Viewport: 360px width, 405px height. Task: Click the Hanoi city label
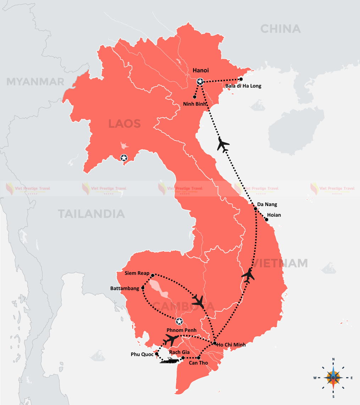tap(201, 71)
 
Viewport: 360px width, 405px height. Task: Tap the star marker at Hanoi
tap(200, 82)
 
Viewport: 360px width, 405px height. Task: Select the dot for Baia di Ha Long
tap(241, 79)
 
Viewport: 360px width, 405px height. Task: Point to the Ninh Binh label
tap(195, 104)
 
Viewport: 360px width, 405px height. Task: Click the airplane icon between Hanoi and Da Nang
tap(223, 144)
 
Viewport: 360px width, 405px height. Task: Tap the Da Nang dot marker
tap(255, 209)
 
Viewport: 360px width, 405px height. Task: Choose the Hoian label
tap(274, 215)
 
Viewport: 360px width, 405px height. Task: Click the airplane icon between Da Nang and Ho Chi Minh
tap(248, 275)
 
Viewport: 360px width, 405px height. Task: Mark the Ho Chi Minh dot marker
tap(215, 343)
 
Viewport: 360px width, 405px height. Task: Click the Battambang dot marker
tap(143, 288)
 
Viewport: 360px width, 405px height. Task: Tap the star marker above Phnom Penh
tap(179, 321)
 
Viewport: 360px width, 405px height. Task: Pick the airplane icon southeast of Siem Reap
tap(198, 301)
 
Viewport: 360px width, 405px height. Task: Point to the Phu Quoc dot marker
tap(156, 354)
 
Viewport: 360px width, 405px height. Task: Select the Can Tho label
tap(198, 363)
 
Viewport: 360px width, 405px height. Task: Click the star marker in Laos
tap(124, 158)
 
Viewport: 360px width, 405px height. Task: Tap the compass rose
tap(333, 377)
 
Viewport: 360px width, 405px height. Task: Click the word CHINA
tap(280, 29)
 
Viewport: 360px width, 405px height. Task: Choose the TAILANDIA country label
tap(92, 214)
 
